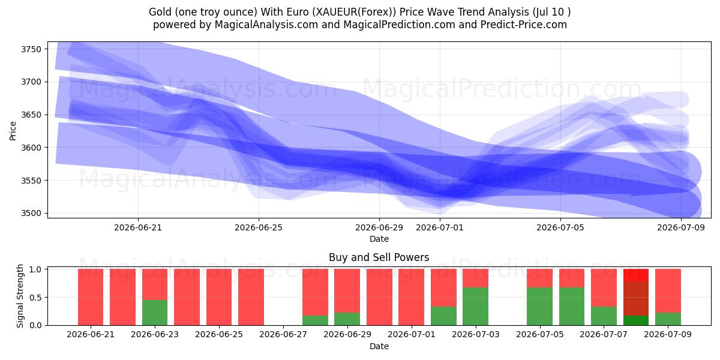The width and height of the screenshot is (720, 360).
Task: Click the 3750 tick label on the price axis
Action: (31, 49)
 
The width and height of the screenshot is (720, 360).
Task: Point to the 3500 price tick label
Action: (31, 214)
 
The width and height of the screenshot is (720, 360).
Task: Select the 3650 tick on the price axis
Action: (31, 115)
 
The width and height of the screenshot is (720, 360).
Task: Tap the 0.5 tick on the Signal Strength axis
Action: (35, 298)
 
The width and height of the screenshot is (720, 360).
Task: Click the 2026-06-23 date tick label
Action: (155, 335)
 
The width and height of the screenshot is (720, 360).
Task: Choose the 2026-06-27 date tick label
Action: (283, 335)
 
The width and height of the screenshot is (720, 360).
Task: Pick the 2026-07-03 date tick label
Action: (476, 335)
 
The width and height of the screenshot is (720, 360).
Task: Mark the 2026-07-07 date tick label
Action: (604, 335)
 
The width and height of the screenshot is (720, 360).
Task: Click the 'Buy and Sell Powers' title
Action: (379, 257)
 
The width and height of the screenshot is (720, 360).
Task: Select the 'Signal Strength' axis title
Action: (20, 296)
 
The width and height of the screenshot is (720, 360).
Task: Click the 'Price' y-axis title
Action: (13, 131)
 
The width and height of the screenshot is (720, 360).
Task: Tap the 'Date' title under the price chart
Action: (379, 239)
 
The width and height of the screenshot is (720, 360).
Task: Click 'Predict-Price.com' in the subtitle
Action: (524, 25)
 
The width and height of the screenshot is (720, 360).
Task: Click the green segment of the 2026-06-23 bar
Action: (155, 313)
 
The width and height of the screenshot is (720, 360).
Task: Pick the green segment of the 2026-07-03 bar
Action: (476, 307)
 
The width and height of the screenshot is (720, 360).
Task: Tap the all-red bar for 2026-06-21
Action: (91, 297)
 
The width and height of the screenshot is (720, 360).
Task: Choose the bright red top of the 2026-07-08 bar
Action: (636, 275)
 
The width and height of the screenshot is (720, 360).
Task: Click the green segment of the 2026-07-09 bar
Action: (668, 319)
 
